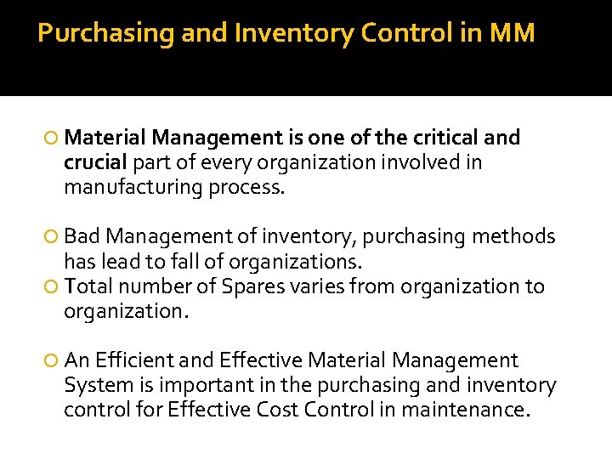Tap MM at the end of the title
(513, 33)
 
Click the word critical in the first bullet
(440, 138)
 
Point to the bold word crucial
(95, 161)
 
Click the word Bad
(82, 236)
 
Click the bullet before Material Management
(54, 139)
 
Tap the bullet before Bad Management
(54, 237)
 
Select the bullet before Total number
(54, 287)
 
